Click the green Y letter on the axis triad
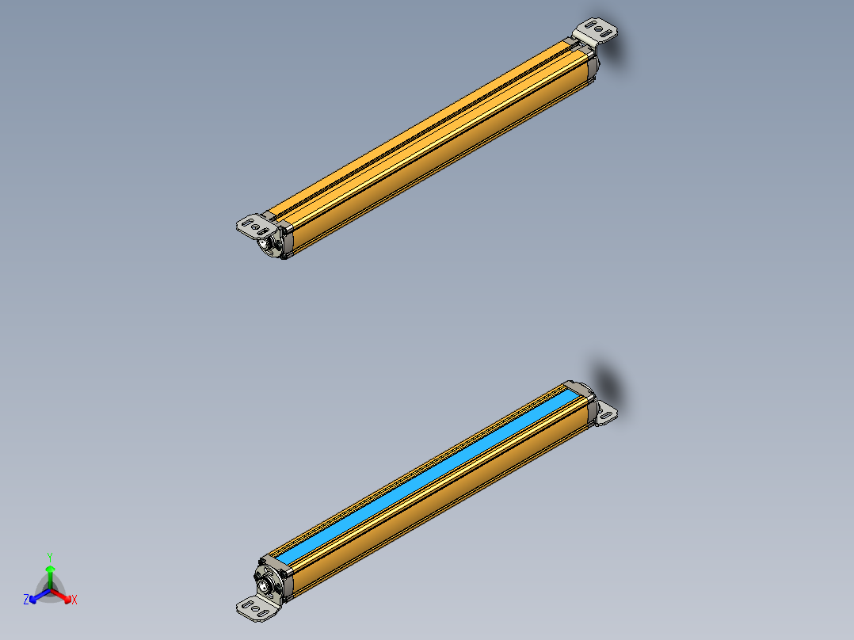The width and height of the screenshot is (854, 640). [x=50, y=556]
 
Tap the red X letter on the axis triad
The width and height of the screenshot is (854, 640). [x=74, y=600]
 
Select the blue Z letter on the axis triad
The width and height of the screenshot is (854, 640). [x=26, y=600]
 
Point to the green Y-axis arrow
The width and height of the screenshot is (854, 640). [x=50, y=573]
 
